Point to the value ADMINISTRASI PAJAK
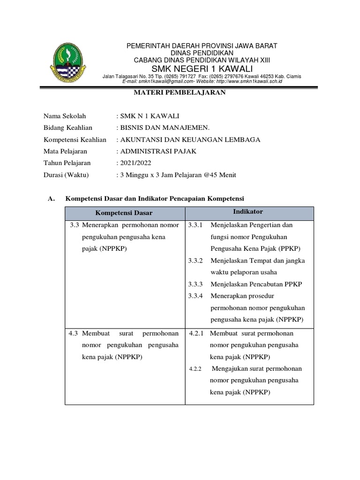pos(157,151)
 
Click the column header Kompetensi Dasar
pos(124,213)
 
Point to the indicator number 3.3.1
pos(195,225)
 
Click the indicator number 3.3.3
pos(195,285)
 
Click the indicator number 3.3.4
pos(195,296)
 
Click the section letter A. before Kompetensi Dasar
pos(52,199)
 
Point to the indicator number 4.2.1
pos(196,333)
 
